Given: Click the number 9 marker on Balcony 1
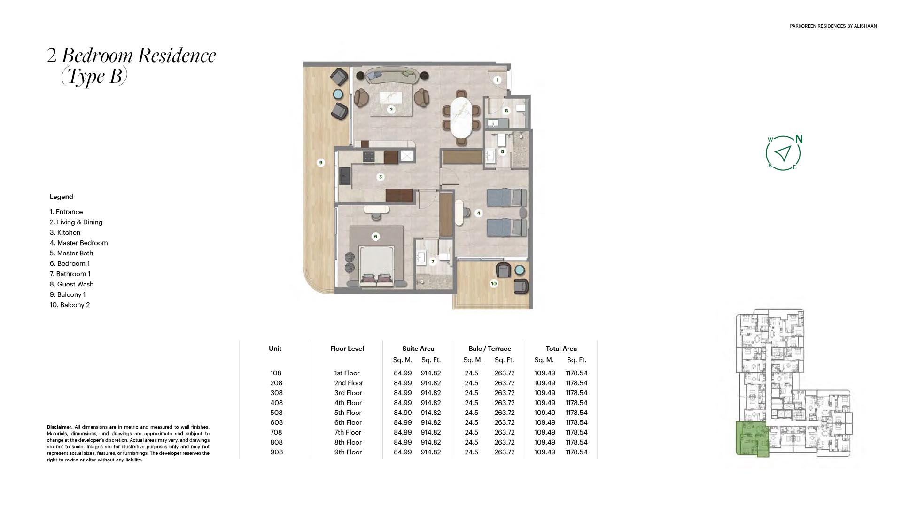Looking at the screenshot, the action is (x=321, y=163).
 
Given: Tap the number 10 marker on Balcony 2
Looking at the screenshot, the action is (x=493, y=284).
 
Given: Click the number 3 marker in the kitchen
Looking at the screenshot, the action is (x=381, y=177).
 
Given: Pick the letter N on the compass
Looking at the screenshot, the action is (x=799, y=139).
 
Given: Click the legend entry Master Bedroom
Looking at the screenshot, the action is (x=79, y=243).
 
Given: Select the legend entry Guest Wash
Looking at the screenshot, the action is (x=71, y=284).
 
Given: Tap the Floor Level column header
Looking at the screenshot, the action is (x=347, y=349).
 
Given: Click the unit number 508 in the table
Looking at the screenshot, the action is (x=276, y=413).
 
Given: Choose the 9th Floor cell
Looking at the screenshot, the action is (x=348, y=452).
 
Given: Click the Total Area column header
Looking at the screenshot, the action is (x=561, y=349).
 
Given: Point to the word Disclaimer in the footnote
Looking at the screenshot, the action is (x=59, y=427).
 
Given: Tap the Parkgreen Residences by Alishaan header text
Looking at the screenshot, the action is (x=833, y=26).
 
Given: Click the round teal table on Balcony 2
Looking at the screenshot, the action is (x=519, y=270).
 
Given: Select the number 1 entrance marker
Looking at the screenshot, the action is (x=498, y=80).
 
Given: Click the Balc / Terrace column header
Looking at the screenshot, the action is (x=490, y=349).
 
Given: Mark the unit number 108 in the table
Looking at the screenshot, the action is (x=276, y=373).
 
